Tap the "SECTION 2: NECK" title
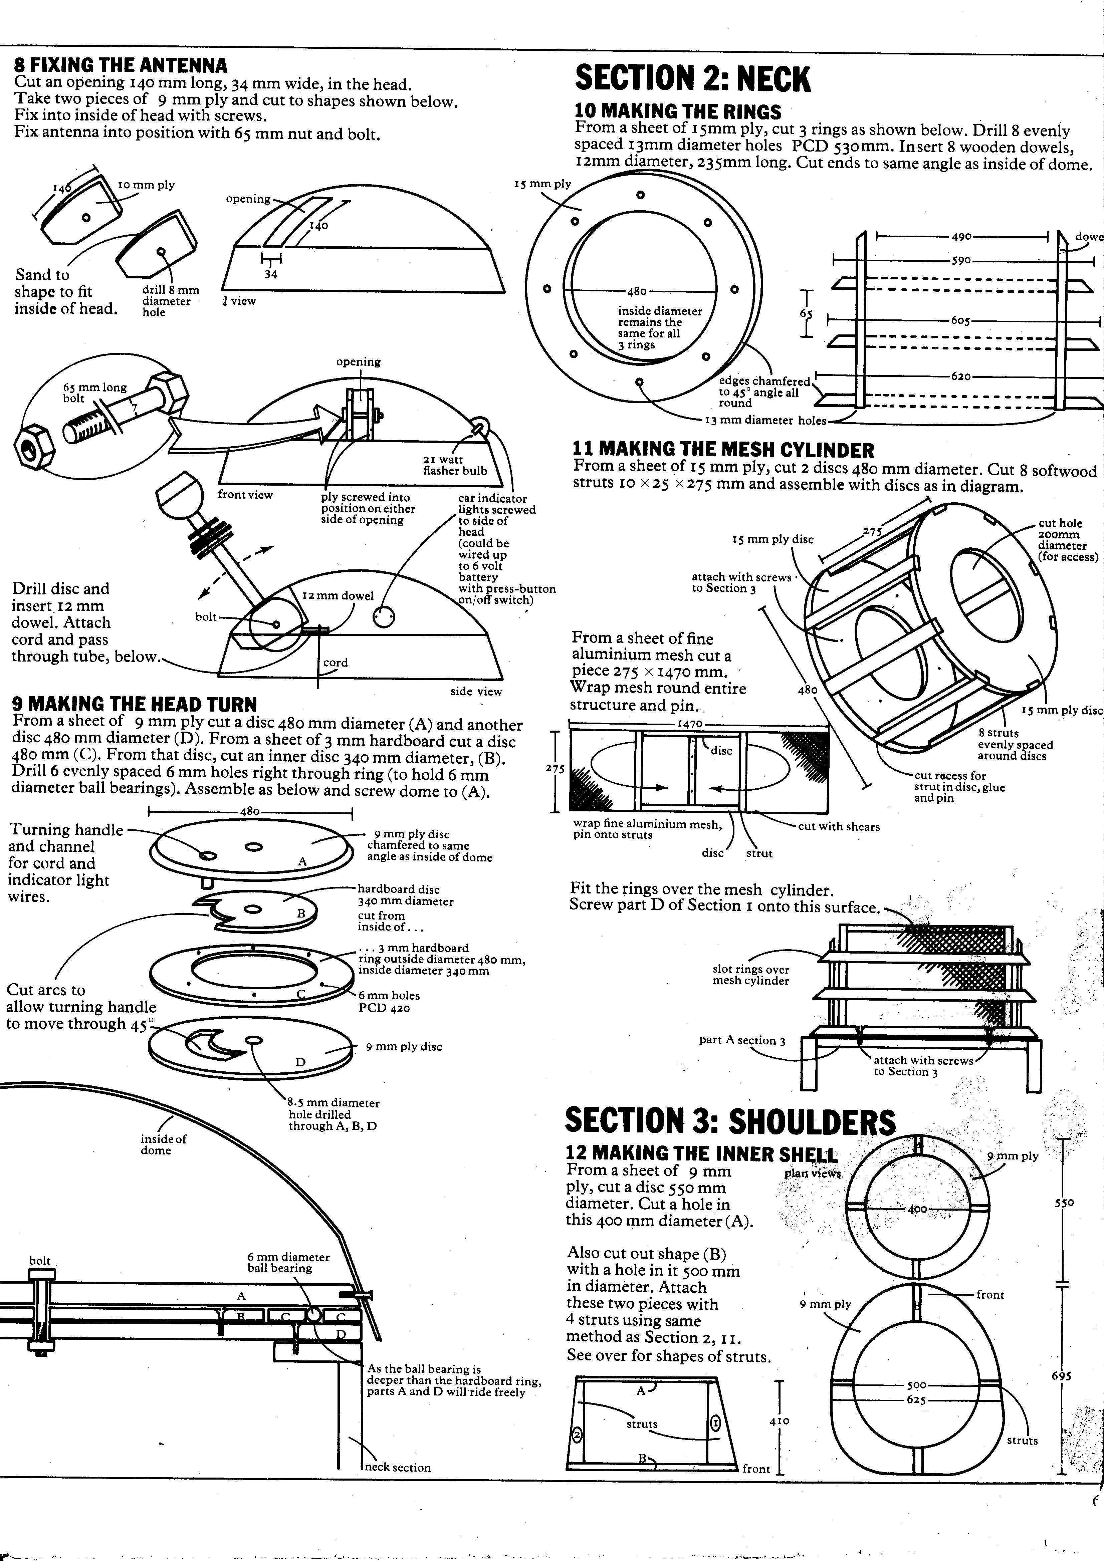click(x=692, y=79)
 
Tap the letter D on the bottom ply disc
click(x=300, y=1062)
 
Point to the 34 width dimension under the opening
click(x=271, y=274)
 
